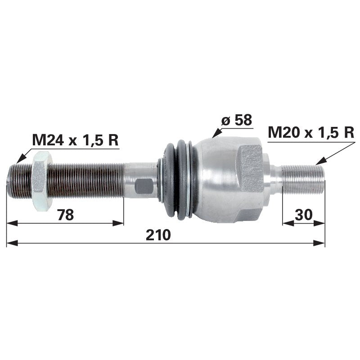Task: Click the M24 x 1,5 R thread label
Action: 75,140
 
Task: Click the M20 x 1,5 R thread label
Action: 311,132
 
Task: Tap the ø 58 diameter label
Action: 237,120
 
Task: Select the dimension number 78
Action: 65,215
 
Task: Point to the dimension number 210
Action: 158,234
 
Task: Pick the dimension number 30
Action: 304,215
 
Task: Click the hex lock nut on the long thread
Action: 42,181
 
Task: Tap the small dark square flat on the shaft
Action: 144,186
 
